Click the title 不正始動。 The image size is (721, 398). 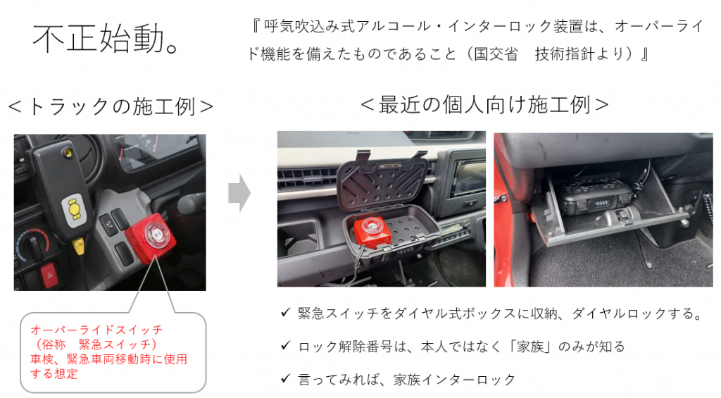click(106, 38)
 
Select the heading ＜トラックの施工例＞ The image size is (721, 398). click(111, 107)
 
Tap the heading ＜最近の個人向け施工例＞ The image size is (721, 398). click(484, 105)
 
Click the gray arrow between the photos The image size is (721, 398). click(239, 193)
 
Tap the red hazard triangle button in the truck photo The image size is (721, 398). click(49, 275)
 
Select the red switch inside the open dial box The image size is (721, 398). click(372, 232)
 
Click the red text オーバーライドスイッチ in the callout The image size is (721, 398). click(96, 330)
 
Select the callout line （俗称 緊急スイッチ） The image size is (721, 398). click(94, 344)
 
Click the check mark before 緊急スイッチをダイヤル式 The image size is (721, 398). click(286, 313)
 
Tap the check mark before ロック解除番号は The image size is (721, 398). click(286, 345)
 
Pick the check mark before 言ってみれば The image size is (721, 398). click(286, 378)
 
